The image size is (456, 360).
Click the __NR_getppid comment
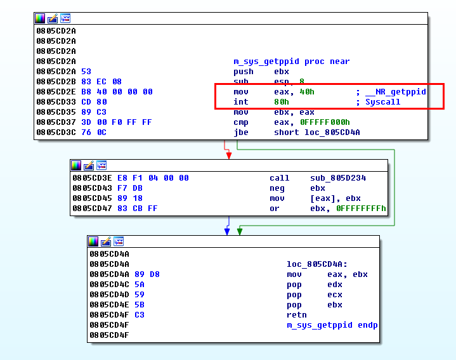coord(395,92)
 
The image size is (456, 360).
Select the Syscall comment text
coord(382,102)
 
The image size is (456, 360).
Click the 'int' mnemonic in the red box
coord(240,102)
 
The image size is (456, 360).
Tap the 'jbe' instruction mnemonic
coord(240,132)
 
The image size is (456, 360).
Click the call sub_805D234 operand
coord(338,178)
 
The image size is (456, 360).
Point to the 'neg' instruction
coord(277,188)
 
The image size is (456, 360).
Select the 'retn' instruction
coord(296,315)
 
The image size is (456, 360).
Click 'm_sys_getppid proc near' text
coord(291,61)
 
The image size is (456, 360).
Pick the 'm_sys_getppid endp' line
coord(332,325)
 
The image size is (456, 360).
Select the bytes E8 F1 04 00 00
coord(153,178)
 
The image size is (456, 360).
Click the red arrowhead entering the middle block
coord(228,155)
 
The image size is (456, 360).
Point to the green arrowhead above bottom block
coord(239,231)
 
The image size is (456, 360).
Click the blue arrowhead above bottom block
coord(227,231)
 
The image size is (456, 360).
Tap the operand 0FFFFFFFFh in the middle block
coord(360,209)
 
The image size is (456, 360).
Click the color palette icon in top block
coord(40,18)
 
